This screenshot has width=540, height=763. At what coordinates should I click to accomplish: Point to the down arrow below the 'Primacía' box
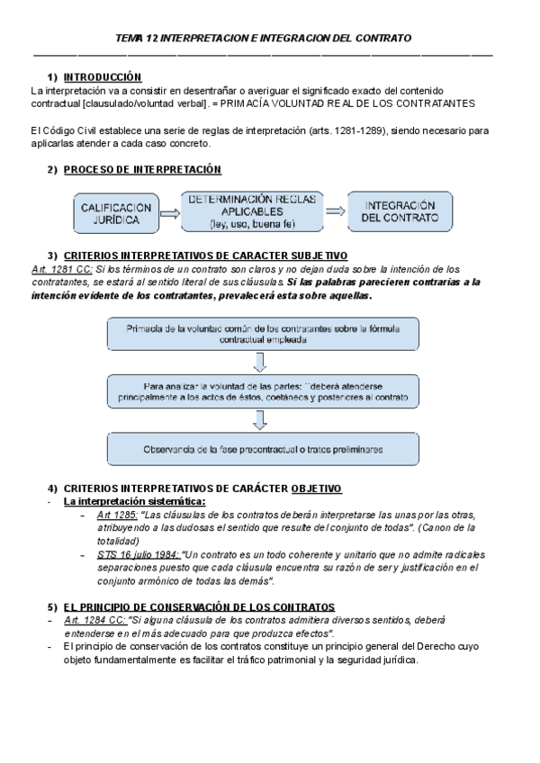(261, 363)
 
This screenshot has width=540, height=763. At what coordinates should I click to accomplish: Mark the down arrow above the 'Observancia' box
(261, 419)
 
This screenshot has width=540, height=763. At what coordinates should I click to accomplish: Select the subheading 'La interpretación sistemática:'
(134, 501)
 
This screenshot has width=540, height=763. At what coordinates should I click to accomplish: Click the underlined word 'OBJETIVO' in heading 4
(317, 489)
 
